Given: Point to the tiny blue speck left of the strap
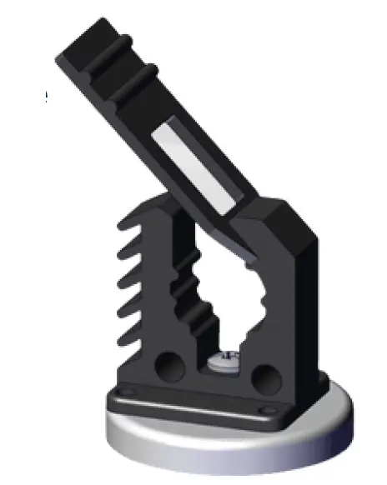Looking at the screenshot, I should coord(46,99).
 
